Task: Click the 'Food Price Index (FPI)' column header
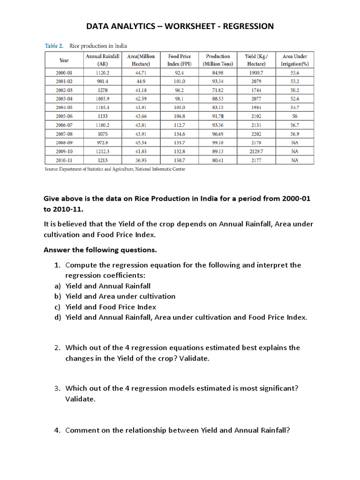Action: pyautogui.click(x=179, y=60)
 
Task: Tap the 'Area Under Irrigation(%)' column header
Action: pyautogui.click(x=294, y=60)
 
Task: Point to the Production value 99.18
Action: pyautogui.click(x=217, y=142)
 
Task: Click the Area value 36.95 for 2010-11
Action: pyautogui.click(x=142, y=160)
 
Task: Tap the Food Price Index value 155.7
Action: pyautogui.click(x=179, y=142)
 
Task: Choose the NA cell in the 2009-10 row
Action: pyautogui.click(x=294, y=151)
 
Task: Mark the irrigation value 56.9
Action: pyautogui.click(x=294, y=134)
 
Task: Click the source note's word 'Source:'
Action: pyautogui.click(x=52, y=169)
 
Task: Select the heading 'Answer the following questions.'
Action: pyautogui.click(x=100, y=249)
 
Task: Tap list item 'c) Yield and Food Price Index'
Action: pyautogui.click(x=104, y=307)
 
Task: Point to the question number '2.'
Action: pyautogui.click(x=57, y=348)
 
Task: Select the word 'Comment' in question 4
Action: pyautogui.click(x=81, y=430)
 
